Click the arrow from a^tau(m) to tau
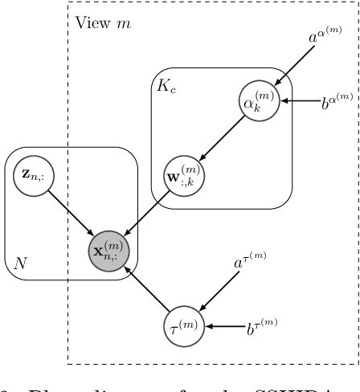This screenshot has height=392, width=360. click(x=219, y=294)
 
